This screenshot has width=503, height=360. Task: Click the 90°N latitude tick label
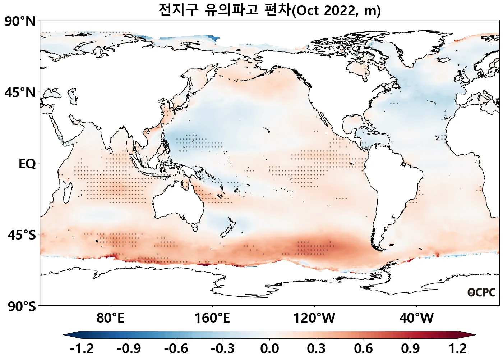tap(20, 22)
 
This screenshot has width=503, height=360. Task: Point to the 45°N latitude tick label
tap(20, 93)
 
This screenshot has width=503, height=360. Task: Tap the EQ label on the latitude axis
tap(27, 164)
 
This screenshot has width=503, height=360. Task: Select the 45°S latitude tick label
tap(22, 235)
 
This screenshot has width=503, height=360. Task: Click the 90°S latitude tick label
tap(22, 307)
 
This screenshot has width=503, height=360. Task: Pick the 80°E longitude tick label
tap(110, 318)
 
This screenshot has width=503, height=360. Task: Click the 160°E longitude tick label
tap(212, 318)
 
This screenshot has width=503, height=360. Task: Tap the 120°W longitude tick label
tap(314, 318)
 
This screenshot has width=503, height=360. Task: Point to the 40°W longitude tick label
tap(416, 318)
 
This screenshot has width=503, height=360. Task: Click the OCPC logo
tap(481, 292)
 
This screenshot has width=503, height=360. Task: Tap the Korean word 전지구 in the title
tap(179, 10)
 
